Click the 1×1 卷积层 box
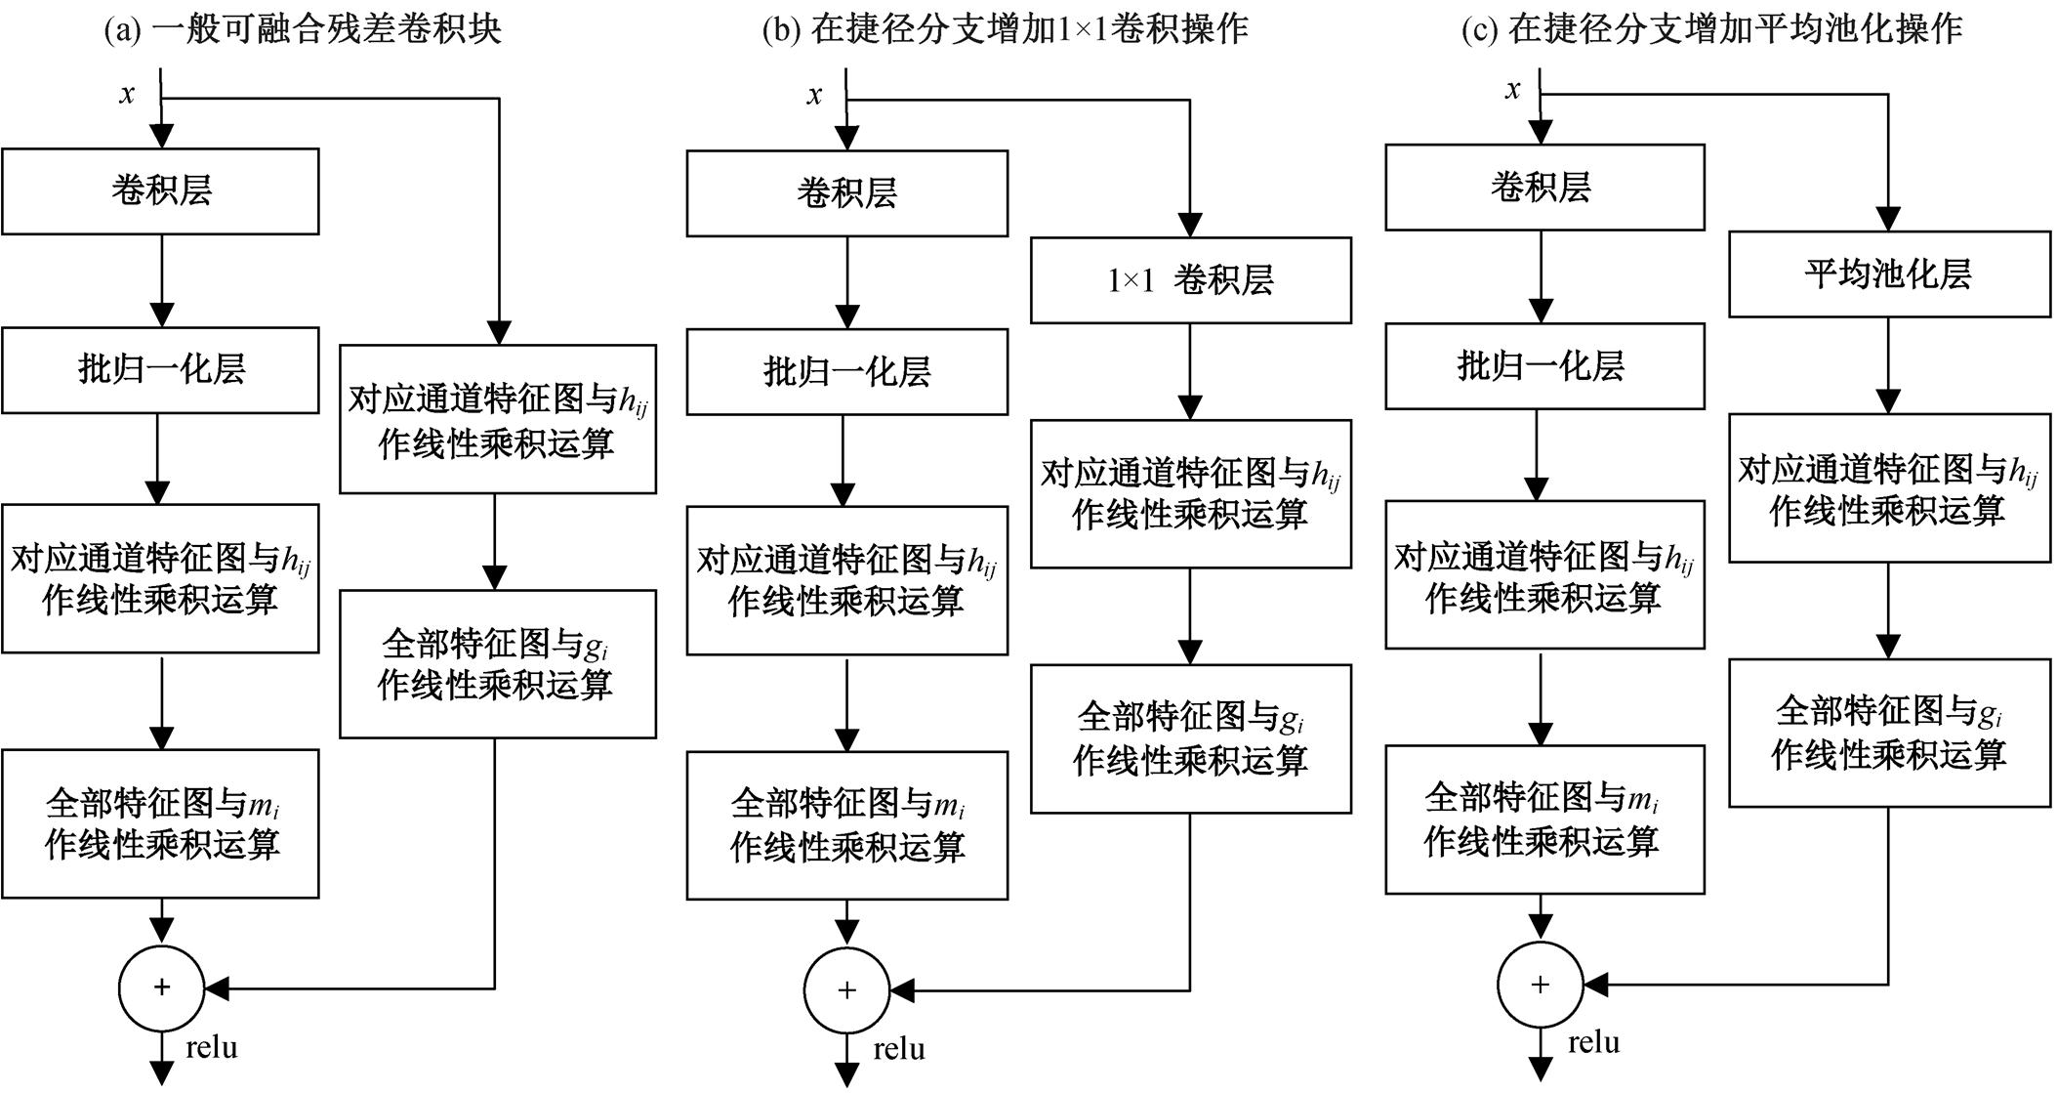click(x=1190, y=280)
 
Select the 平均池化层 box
click(x=1888, y=273)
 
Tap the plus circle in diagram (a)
click(x=162, y=988)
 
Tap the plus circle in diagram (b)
click(x=846, y=989)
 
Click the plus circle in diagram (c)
click(x=1541, y=985)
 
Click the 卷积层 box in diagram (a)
click(x=160, y=190)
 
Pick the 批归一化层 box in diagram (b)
click(x=846, y=371)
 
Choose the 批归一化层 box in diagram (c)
click(x=1543, y=365)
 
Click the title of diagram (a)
click(x=303, y=29)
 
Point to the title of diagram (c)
click(x=1710, y=29)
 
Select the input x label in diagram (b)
click(x=814, y=95)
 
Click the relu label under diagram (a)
click(x=212, y=1048)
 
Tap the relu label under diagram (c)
click(x=1593, y=1042)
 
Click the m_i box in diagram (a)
click(x=160, y=822)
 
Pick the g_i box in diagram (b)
click(x=1190, y=738)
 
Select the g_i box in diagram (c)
click(x=1888, y=733)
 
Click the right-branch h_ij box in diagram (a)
click(x=497, y=418)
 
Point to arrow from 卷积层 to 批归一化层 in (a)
click(x=162, y=280)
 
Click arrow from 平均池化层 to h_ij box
click(x=1888, y=365)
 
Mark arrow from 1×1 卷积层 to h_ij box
click(x=1190, y=371)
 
